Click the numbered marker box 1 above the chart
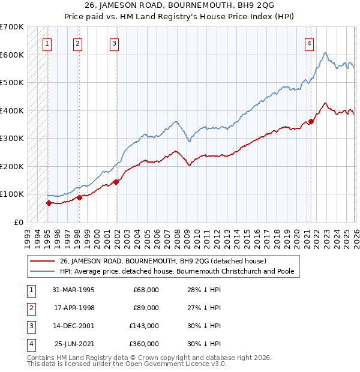pyautogui.click(x=47, y=43)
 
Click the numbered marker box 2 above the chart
pyautogui.click(x=78, y=43)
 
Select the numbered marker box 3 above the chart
pyautogui.click(x=114, y=43)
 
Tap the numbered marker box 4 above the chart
pyautogui.click(x=309, y=43)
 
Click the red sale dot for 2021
pyautogui.click(x=311, y=121)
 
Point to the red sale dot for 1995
pyautogui.click(x=49, y=203)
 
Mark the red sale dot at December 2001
pyautogui.click(x=116, y=182)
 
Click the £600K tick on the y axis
pyautogui.click(x=12, y=55)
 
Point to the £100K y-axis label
pyautogui.click(x=12, y=194)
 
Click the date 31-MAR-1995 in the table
pyautogui.click(x=73, y=290)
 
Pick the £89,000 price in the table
pyautogui.click(x=146, y=308)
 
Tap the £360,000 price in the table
pyautogui.click(x=144, y=344)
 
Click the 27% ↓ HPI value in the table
pyautogui.click(x=203, y=308)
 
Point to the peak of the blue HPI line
pyautogui.click(x=325, y=53)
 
